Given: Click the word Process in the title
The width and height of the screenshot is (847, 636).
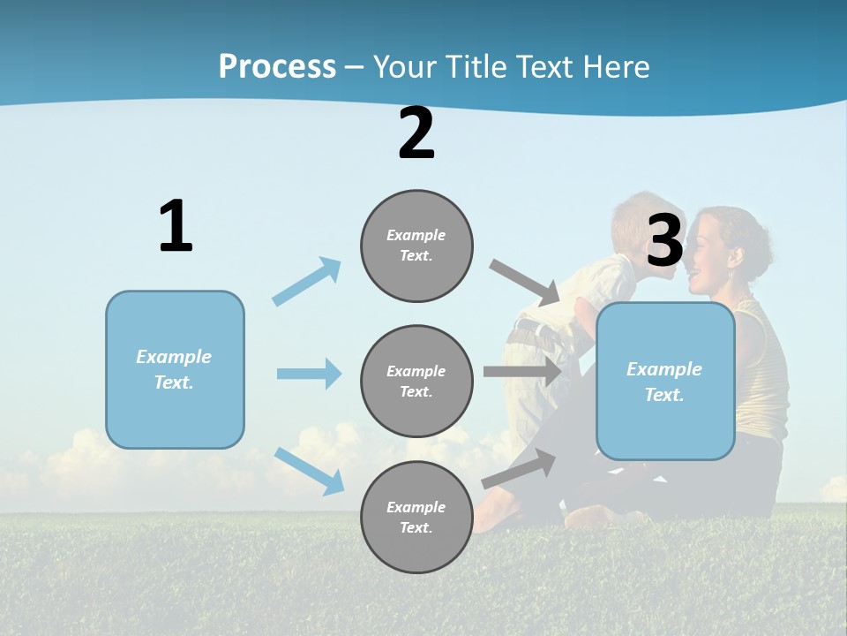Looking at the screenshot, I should (277, 67).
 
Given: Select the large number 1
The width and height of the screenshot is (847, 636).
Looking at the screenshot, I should (176, 227).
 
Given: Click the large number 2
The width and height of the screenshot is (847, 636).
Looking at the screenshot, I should (416, 133).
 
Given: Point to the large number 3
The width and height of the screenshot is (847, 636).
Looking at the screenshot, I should (664, 240).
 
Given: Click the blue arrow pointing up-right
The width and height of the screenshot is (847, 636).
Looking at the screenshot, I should (307, 281).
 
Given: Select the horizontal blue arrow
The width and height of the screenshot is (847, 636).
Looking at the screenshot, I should (309, 374).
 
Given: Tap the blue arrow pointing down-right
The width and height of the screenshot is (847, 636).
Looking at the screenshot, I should (309, 470).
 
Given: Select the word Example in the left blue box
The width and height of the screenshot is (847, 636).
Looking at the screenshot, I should (174, 357).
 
